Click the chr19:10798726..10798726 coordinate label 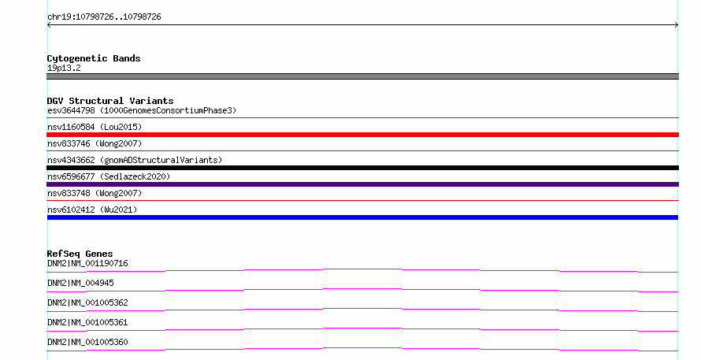tap(104, 17)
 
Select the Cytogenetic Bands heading tap(94, 58)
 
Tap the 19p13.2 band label tap(64, 68)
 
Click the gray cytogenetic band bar tap(362, 76)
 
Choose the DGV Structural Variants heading tap(110, 101)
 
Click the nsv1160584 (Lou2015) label tap(95, 127)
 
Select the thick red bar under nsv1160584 tap(362, 135)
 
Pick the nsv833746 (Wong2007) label tap(95, 143)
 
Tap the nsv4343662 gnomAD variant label tap(135, 160)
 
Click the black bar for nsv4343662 tap(362, 168)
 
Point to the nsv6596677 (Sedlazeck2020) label tap(109, 176)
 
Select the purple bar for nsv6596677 tap(362, 184)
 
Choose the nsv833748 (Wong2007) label tap(95, 193)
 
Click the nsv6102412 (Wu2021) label tap(92, 210)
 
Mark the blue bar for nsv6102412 tap(362, 217)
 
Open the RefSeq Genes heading tap(80, 254)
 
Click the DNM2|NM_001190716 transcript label tap(87, 263)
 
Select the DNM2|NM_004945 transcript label tap(80, 283)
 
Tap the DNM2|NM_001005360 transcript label tap(87, 342)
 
